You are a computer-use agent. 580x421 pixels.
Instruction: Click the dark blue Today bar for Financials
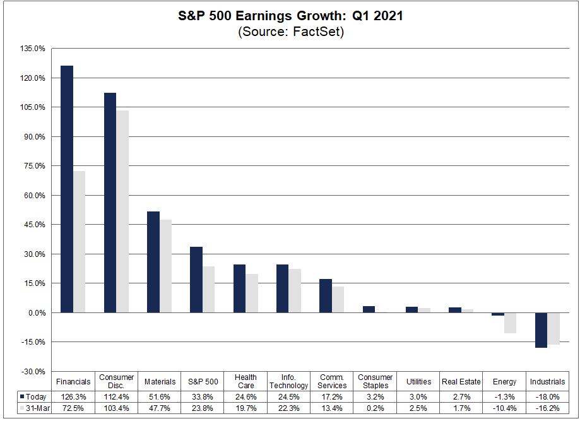click(67, 189)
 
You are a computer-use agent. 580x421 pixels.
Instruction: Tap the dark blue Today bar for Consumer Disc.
click(110, 203)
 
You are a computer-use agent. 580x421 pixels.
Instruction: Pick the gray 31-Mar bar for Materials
click(165, 266)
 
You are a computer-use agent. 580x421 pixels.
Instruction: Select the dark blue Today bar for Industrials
click(541, 330)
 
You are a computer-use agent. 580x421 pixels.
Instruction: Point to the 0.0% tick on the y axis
click(35, 313)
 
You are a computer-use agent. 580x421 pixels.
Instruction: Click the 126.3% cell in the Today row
click(73, 397)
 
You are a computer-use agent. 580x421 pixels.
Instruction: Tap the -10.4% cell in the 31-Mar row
click(504, 408)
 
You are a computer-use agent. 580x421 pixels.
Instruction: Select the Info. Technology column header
click(289, 381)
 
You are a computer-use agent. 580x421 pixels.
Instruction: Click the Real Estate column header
click(461, 381)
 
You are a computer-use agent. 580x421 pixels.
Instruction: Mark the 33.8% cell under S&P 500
click(203, 397)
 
